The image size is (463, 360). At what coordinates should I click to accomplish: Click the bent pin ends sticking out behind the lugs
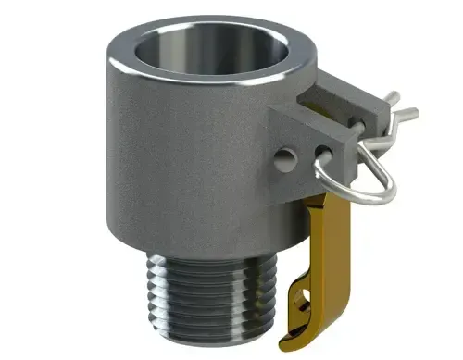pyautogui.click(x=398, y=106)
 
